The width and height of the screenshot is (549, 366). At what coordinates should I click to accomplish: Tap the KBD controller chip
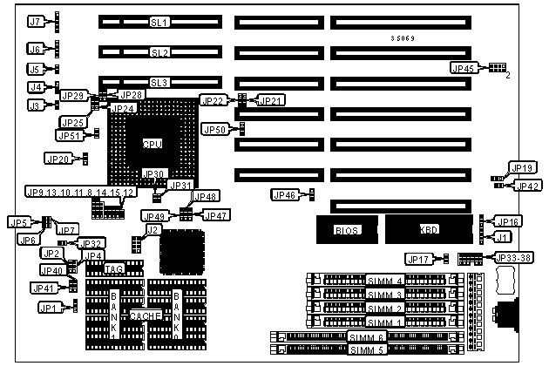click(x=428, y=230)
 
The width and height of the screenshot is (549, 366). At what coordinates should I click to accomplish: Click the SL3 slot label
click(x=159, y=83)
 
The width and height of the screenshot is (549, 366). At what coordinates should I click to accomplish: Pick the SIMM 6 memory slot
click(x=366, y=336)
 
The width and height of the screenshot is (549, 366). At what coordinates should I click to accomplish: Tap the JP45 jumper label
click(x=463, y=68)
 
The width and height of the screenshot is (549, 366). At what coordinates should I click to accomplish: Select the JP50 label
click(x=214, y=129)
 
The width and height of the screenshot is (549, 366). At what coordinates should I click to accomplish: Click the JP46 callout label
click(x=286, y=193)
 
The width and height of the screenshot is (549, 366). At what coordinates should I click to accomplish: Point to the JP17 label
click(x=418, y=258)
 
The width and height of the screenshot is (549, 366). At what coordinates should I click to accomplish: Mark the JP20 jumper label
click(x=58, y=159)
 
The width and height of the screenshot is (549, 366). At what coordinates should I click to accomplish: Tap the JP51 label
click(x=69, y=135)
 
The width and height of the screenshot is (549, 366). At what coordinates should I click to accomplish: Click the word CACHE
click(x=145, y=313)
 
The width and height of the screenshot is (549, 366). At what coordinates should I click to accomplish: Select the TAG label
click(x=114, y=269)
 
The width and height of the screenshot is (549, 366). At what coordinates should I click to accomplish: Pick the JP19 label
click(x=522, y=168)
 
